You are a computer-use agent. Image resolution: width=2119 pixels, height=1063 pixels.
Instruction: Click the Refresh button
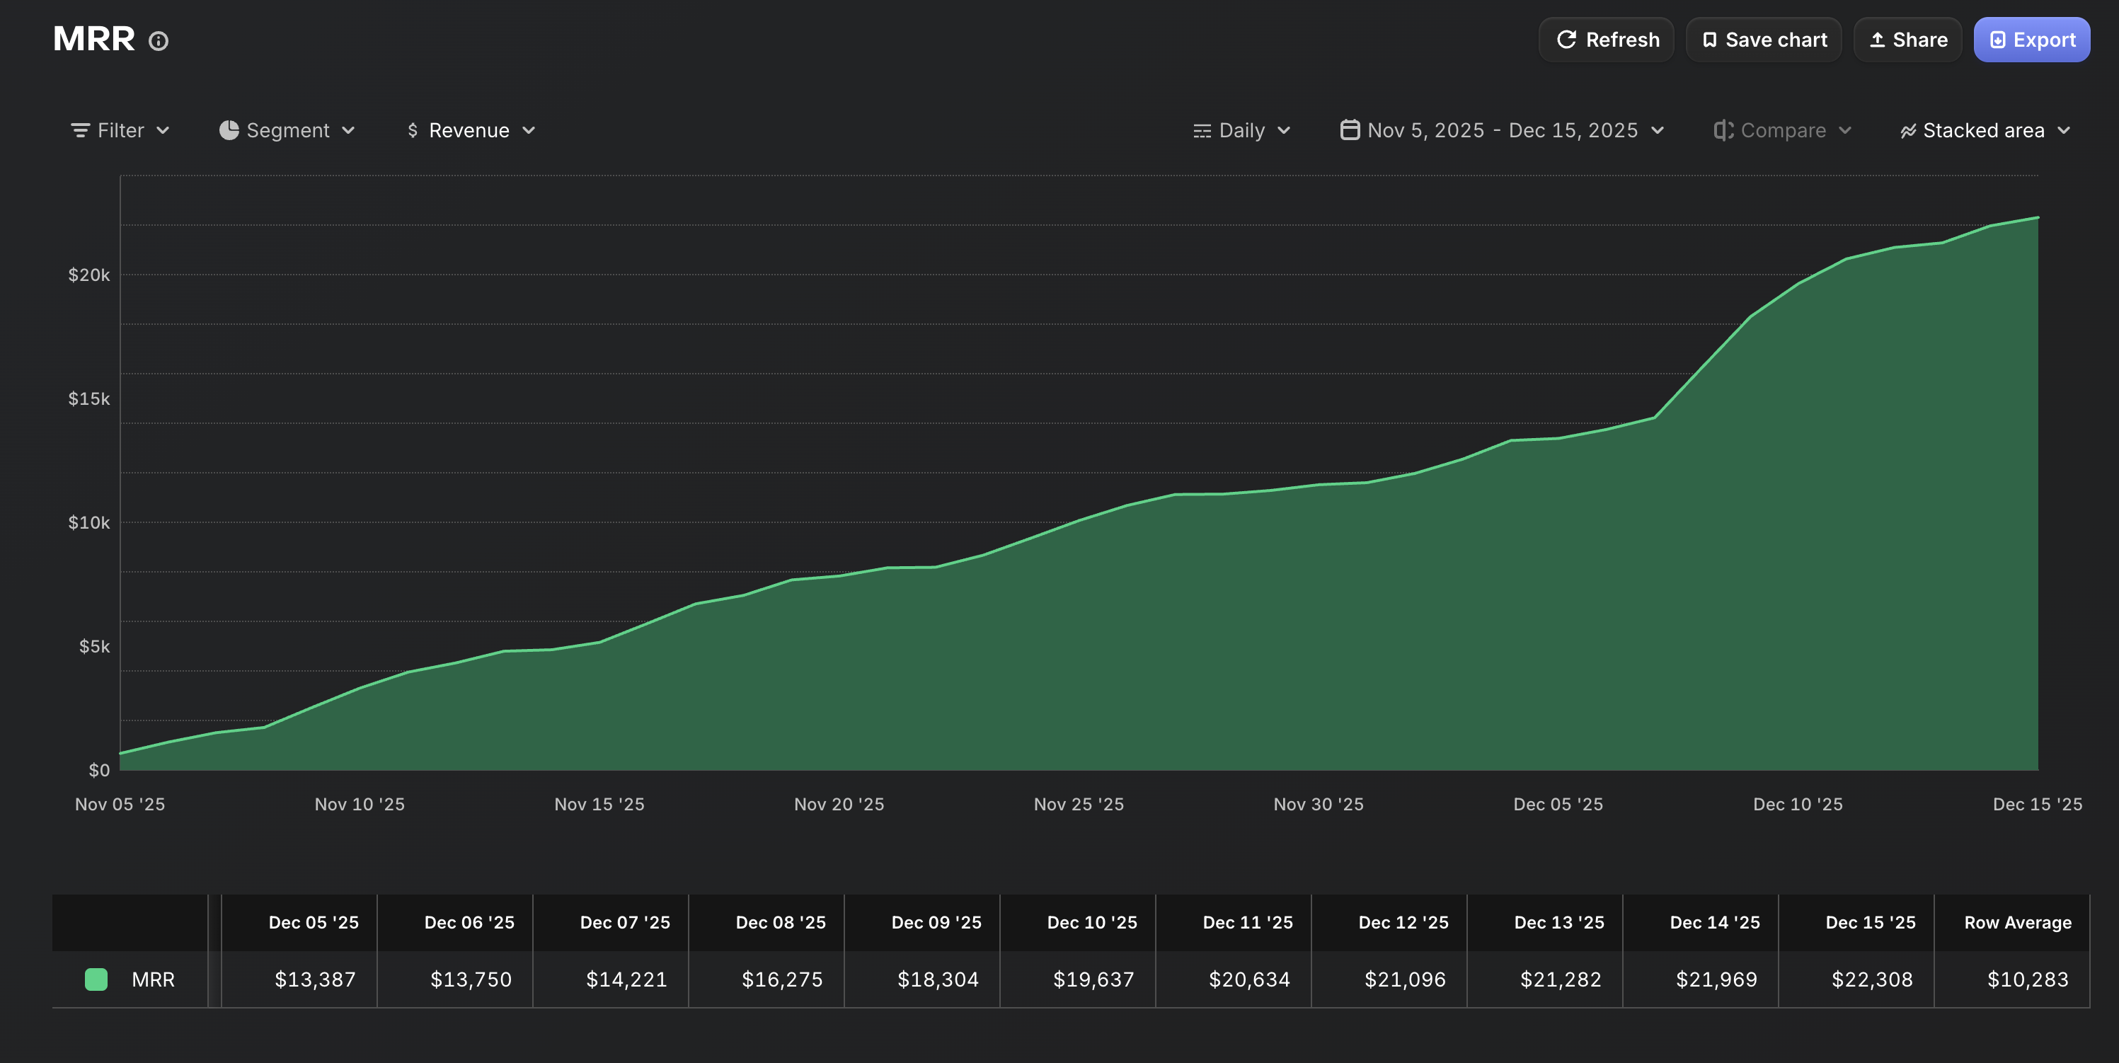pyautogui.click(x=1607, y=40)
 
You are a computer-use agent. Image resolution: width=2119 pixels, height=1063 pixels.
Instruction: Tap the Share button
pyautogui.click(x=1907, y=40)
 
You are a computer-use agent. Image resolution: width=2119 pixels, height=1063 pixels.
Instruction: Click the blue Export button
pyautogui.click(x=2031, y=40)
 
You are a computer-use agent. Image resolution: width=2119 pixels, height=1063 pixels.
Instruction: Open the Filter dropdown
pyautogui.click(x=120, y=130)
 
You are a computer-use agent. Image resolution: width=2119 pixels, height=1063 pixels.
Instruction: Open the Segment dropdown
pyautogui.click(x=287, y=130)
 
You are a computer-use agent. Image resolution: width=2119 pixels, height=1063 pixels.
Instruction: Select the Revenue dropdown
pyautogui.click(x=471, y=130)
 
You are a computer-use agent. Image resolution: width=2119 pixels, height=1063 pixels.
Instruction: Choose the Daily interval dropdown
pyautogui.click(x=1241, y=130)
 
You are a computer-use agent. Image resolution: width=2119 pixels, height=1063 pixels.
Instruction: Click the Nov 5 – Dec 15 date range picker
pyautogui.click(x=1502, y=130)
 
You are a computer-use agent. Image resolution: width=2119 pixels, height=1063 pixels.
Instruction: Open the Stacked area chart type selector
pyautogui.click(x=1984, y=130)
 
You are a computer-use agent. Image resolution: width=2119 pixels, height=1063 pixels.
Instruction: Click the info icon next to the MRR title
pyautogui.click(x=159, y=41)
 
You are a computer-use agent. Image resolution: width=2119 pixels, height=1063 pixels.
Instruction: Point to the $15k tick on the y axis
pyautogui.click(x=89, y=399)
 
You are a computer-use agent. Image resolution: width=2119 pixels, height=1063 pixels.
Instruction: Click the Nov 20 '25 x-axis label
pyautogui.click(x=839, y=804)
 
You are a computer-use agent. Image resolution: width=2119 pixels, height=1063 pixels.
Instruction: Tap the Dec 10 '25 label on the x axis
pyautogui.click(x=1798, y=804)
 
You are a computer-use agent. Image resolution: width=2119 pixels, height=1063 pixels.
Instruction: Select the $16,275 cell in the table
pyautogui.click(x=781, y=979)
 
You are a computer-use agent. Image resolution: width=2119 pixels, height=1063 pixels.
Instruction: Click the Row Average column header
pyautogui.click(x=2017, y=922)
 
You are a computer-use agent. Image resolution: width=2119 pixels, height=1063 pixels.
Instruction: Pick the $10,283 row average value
pyautogui.click(x=2027, y=979)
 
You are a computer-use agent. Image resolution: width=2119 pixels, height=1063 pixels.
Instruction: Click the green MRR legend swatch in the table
pyautogui.click(x=96, y=979)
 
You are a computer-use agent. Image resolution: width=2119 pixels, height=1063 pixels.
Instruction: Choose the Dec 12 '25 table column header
pyautogui.click(x=1403, y=922)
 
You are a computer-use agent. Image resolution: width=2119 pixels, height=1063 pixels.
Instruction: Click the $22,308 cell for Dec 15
pyautogui.click(x=1871, y=979)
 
